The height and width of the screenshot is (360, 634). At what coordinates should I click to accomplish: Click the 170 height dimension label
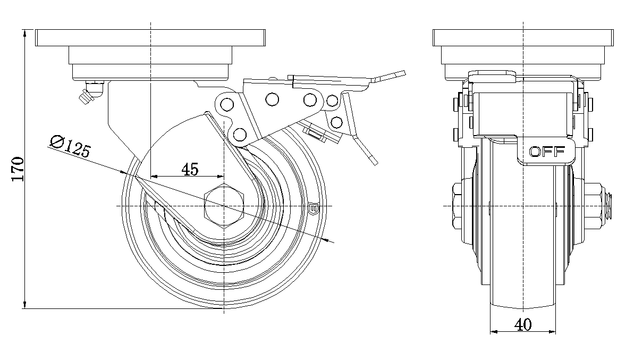click(x=18, y=169)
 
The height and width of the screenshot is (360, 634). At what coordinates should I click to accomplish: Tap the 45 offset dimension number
click(x=190, y=169)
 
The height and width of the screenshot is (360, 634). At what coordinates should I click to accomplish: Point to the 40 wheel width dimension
click(x=523, y=324)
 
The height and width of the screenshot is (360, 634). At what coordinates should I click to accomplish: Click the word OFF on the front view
click(x=547, y=152)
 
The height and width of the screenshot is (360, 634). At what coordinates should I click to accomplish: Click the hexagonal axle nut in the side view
click(x=224, y=206)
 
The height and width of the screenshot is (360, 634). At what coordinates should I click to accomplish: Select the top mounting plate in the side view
click(x=150, y=38)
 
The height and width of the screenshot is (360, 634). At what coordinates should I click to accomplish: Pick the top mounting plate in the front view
click(x=523, y=38)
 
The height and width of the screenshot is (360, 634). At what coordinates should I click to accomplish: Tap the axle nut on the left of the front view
click(x=459, y=206)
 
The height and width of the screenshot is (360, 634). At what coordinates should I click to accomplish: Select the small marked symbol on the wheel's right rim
click(x=312, y=208)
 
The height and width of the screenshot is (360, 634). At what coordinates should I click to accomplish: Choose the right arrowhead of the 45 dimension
click(x=221, y=175)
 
